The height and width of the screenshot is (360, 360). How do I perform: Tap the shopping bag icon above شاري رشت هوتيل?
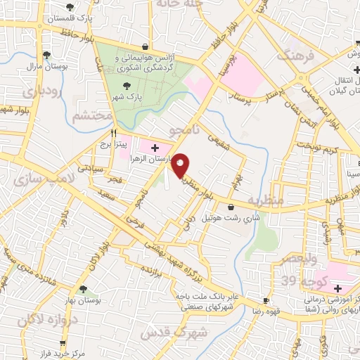pos(232,206)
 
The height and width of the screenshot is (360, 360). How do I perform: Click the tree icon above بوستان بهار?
pos(84,288)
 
